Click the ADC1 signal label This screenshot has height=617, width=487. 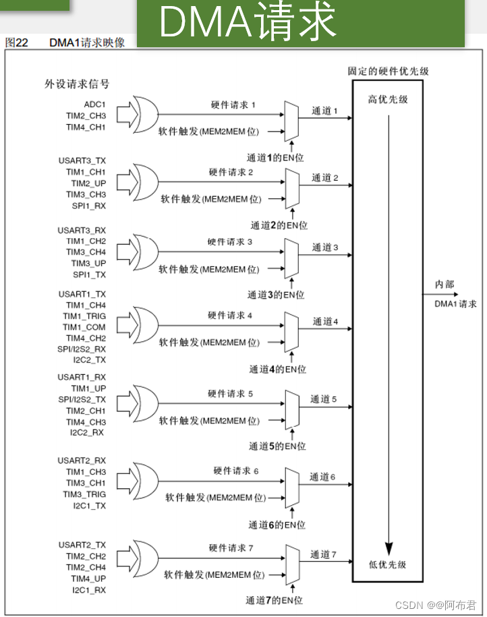click(x=95, y=105)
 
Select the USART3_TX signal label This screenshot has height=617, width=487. click(x=82, y=161)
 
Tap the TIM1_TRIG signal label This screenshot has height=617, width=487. click(x=84, y=316)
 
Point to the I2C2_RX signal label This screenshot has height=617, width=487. click(x=88, y=432)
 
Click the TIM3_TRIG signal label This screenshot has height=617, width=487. click(x=84, y=494)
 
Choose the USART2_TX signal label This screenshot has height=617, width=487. click(x=82, y=545)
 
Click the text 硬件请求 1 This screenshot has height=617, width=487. click(x=233, y=106)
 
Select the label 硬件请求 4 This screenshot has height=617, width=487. click(x=230, y=316)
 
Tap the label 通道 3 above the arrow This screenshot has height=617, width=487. click(x=325, y=247)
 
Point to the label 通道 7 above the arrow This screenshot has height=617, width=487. click(x=323, y=555)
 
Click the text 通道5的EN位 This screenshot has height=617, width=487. click(x=277, y=446)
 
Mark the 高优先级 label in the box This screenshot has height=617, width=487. click(x=388, y=100)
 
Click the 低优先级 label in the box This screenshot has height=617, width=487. click(x=388, y=565)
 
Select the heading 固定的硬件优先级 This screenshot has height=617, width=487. click(x=388, y=71)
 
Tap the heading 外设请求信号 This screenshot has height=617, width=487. click(x=77, y=84)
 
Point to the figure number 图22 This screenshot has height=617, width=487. click(x=17, y=42)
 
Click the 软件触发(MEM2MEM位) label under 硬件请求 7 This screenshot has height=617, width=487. click(x=214, y=575)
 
